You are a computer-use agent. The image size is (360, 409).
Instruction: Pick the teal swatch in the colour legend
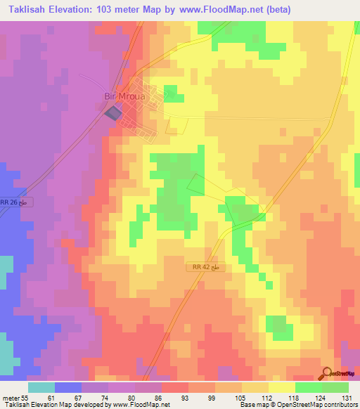point(41,387)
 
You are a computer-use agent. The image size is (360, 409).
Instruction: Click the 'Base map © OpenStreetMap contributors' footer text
point(298,405)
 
